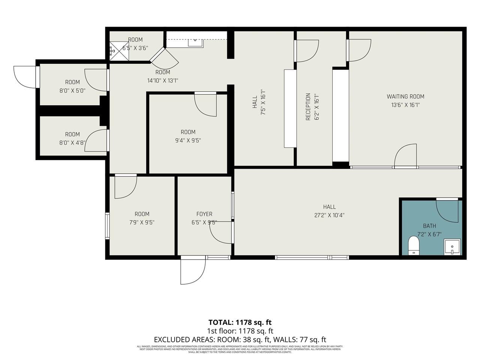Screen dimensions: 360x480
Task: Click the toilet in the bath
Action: click(x=414, y=246)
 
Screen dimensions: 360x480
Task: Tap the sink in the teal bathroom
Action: click(x=452, y=247)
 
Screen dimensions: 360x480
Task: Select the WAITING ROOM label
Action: click(x=405, y=96)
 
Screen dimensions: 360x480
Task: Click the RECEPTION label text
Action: click(x=308, y=107)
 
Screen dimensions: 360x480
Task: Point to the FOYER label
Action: click(x=204, y=214)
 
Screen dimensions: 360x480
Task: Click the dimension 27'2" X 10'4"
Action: click(x=329, y=215)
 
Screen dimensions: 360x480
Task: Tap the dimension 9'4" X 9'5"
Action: click(x=188, y=141)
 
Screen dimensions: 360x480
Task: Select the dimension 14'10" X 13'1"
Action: click(x=162, y=80)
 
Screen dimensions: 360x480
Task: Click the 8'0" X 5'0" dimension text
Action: click(x=72, y=90)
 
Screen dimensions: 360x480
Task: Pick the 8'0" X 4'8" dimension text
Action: click(x=72, y=142)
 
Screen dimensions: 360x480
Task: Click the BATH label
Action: click(x=429, y=226)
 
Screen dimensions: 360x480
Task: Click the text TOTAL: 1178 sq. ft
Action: click(x=240, y=322)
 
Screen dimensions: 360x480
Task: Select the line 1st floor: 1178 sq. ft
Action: click(x=240, y=331)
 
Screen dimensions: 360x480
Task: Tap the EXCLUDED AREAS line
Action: click(x=240, y=339)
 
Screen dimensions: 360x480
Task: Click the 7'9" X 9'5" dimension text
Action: click(x=142, y=222)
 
